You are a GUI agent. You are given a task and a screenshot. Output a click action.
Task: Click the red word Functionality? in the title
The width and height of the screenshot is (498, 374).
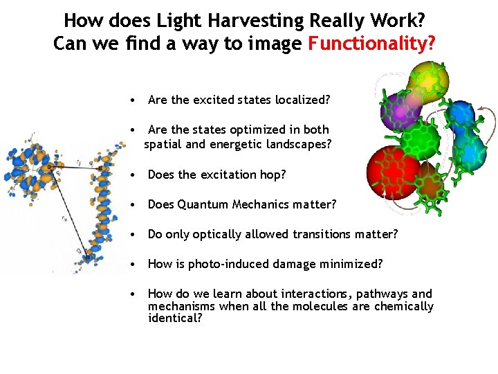tap(371, 44)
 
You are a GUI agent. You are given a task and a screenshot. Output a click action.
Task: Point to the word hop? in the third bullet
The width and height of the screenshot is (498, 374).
tap(272, 175)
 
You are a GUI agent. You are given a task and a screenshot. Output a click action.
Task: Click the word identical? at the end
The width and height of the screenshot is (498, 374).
tap(175, 319)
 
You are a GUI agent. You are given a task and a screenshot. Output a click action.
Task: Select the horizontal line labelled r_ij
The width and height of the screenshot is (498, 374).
tap(74, 168)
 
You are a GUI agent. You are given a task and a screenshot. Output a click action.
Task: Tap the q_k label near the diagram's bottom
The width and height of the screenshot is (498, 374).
tap(80, 250)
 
